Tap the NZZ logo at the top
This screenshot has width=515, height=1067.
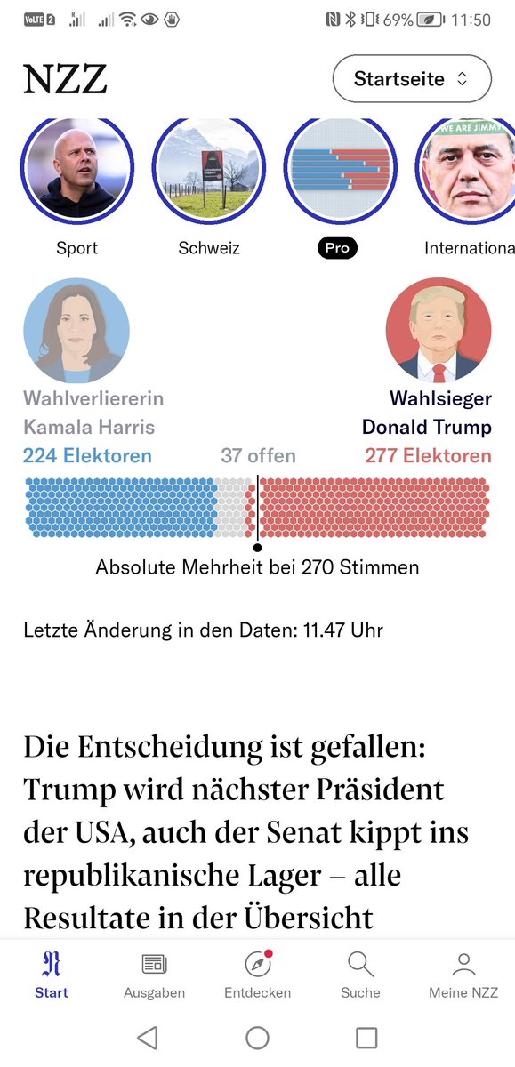(65, 79)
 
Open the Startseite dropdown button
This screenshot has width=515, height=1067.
(411, 79)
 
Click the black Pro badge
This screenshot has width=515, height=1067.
(337, 248)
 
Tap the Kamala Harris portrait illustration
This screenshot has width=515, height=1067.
(76, 331)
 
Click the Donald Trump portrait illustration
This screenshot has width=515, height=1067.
(439, 331)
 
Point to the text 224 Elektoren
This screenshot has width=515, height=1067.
(87, 456)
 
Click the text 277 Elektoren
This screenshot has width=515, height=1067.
(428, 456)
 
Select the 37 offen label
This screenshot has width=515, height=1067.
(258, 456)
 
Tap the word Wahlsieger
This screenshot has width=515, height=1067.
(439, 398)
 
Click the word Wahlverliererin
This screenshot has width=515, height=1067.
(93, 398)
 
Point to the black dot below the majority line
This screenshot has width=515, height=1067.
(257, 548)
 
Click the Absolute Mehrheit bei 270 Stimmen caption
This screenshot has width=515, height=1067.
(257, 567)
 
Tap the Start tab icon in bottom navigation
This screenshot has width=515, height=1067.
(52, 964)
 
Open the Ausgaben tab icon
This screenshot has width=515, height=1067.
(155, 964)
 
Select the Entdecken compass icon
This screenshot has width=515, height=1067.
(257, 964)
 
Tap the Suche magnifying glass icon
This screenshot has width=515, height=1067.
(360, 964)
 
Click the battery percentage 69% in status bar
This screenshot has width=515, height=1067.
(398, 20)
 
